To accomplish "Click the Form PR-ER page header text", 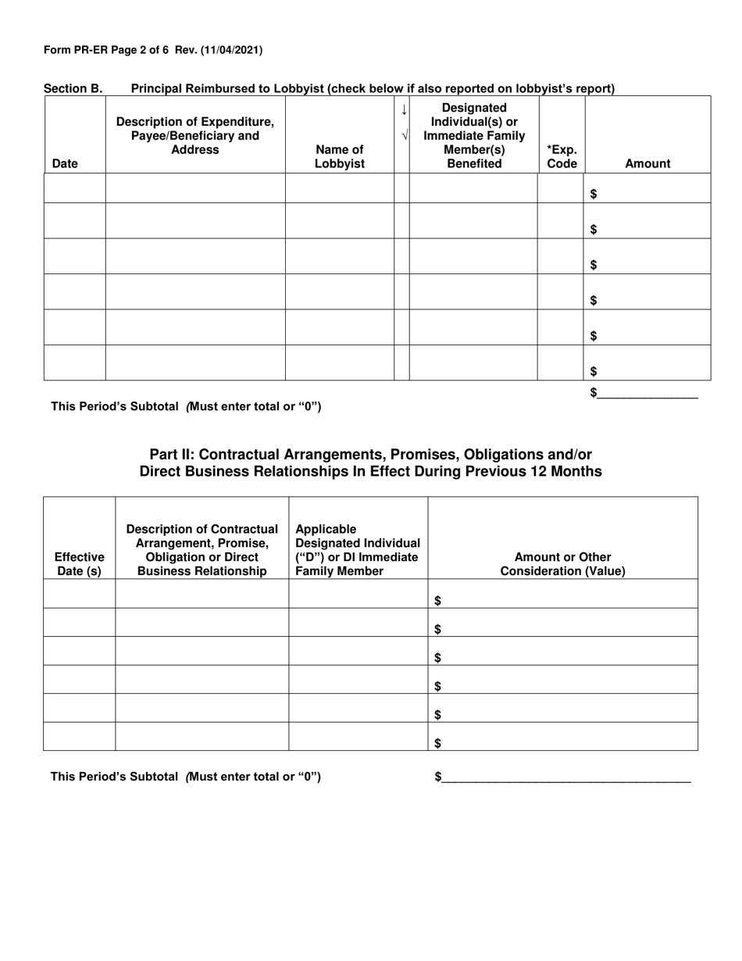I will pyautogui.click(x=153, y=50).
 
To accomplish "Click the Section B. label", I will pyautogui.click(x=73, y=89).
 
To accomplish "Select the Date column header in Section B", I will pyautogui.click(x=65, y=163).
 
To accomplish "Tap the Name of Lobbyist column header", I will pyautogui.click(x=339, y=156).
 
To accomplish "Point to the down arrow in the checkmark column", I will pyautogui.click(x=403, y=110).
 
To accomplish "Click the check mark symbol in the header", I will pyautogui.click(x=403, y=135).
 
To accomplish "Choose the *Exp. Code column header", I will pyautogui.click(x=562, y=156).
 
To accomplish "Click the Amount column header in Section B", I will pyautogui.click(x=647, y=163).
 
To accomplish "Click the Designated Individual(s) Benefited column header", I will pyautogui.click(x=474, y=135).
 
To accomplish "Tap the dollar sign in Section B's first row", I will pyautogui.click(x=594, y=195).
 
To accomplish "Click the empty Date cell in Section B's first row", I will pyautogui.click(x=74, y=188).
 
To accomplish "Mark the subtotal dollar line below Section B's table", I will pyautogui.click(x=644, y=393).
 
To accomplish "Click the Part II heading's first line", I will pyautogui.click(x=370, y=454).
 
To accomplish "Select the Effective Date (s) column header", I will pyautogui.click(x=79, y=563).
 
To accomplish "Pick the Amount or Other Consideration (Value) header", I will pyautogui.click(x=562, y=563).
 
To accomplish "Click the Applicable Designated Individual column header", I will pyautogui.click(x=358, y=550).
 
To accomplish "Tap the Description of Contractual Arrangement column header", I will pyautogui.click(x=202, y=550).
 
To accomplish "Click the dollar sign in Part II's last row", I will pyautogui.click(x=437, y=743).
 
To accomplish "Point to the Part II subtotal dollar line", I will pyautogui.click(x=562, y=777).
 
